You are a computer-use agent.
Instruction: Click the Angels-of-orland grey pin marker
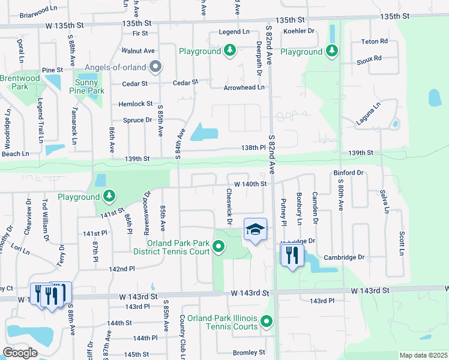click(x=155, y=67)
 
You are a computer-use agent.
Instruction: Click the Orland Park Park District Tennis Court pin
click(x=219, y=246)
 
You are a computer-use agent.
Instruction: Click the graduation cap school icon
click(x=255, y=229)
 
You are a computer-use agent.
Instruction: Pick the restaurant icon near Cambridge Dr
click(x=292, y=255)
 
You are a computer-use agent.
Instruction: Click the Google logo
click(x=20, y=353)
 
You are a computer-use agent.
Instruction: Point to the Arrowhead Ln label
click(x=244, y=87)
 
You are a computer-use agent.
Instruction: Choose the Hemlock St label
click(x=136, y=104)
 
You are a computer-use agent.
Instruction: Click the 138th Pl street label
click(x=253, y=147)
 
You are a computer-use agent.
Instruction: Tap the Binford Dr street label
click(x=348, y=173)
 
